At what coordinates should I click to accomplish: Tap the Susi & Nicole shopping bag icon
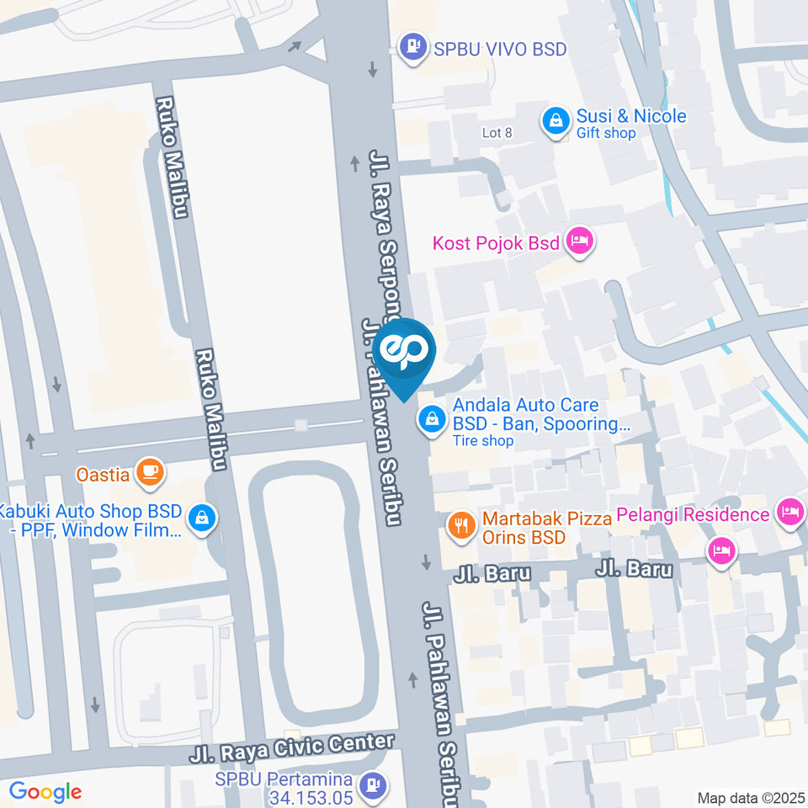(x=555, y=122)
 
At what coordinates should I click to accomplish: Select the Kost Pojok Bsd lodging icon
(x=581, y=242)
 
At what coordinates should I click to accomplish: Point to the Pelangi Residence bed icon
(x=790, y=512)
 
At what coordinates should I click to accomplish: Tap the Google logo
(x=45, y=791)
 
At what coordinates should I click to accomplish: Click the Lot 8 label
(x=497, y=133)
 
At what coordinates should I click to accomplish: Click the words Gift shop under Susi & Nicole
(x=606, y=133)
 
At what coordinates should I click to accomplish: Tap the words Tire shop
(x=482, y=440)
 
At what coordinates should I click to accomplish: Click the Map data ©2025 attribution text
(x=751, y=798)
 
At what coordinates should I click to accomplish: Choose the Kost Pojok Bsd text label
(x=496, y=243)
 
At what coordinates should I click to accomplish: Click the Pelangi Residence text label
(x=693, y=513)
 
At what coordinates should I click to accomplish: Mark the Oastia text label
(x=103, y=475)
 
